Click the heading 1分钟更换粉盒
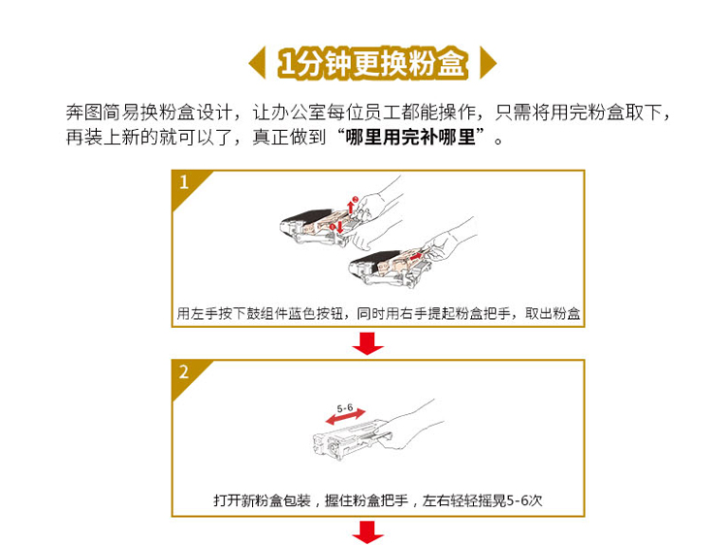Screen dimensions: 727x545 pos(372,63)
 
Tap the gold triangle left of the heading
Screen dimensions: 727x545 pos(259,63)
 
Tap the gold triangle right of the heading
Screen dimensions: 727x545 pos(487,63)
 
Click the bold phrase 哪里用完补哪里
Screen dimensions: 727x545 pos(410,138)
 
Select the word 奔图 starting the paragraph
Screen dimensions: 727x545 pos(84,112)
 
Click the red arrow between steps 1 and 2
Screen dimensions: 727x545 pos(367,343)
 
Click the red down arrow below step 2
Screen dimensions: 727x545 pos(367,532)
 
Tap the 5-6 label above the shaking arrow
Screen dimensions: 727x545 pos(344,408)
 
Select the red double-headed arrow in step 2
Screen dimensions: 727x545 pos(345,417)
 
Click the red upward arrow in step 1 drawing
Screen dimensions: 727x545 pos(351,206)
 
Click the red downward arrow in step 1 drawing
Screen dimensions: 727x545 pos(340,227)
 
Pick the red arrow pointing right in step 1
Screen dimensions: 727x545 pos(417,256)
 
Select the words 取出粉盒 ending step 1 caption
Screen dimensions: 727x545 pos(553,314)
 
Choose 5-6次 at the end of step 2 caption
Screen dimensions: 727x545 pos(524,501)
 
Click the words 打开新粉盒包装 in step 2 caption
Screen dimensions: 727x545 pos(262,501)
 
